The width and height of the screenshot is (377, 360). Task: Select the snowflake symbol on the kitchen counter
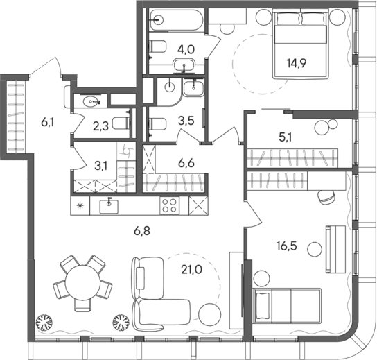(80, 205)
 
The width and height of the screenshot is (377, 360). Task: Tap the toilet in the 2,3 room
(123, 124)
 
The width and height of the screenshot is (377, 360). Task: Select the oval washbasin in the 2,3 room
(91, 101)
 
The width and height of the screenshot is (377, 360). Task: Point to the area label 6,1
(48, 122)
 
